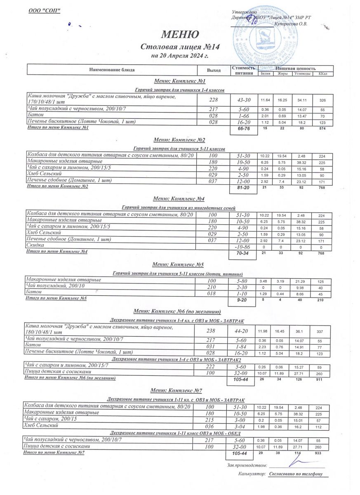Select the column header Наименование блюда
tap(112, 70)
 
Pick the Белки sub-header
tap(266, 73)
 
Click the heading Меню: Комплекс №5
tap(178, 264)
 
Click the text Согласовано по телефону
tap(295, 474)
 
